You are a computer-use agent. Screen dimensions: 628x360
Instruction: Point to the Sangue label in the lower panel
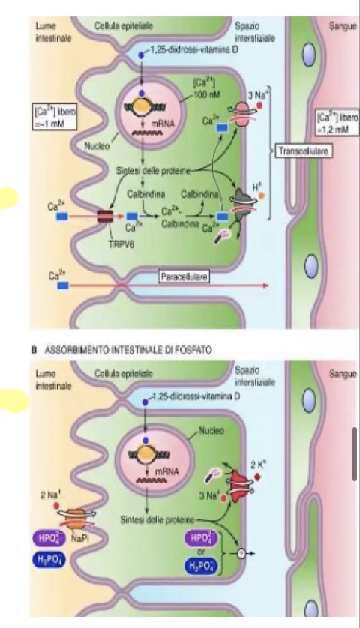click(x=343, y=373)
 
